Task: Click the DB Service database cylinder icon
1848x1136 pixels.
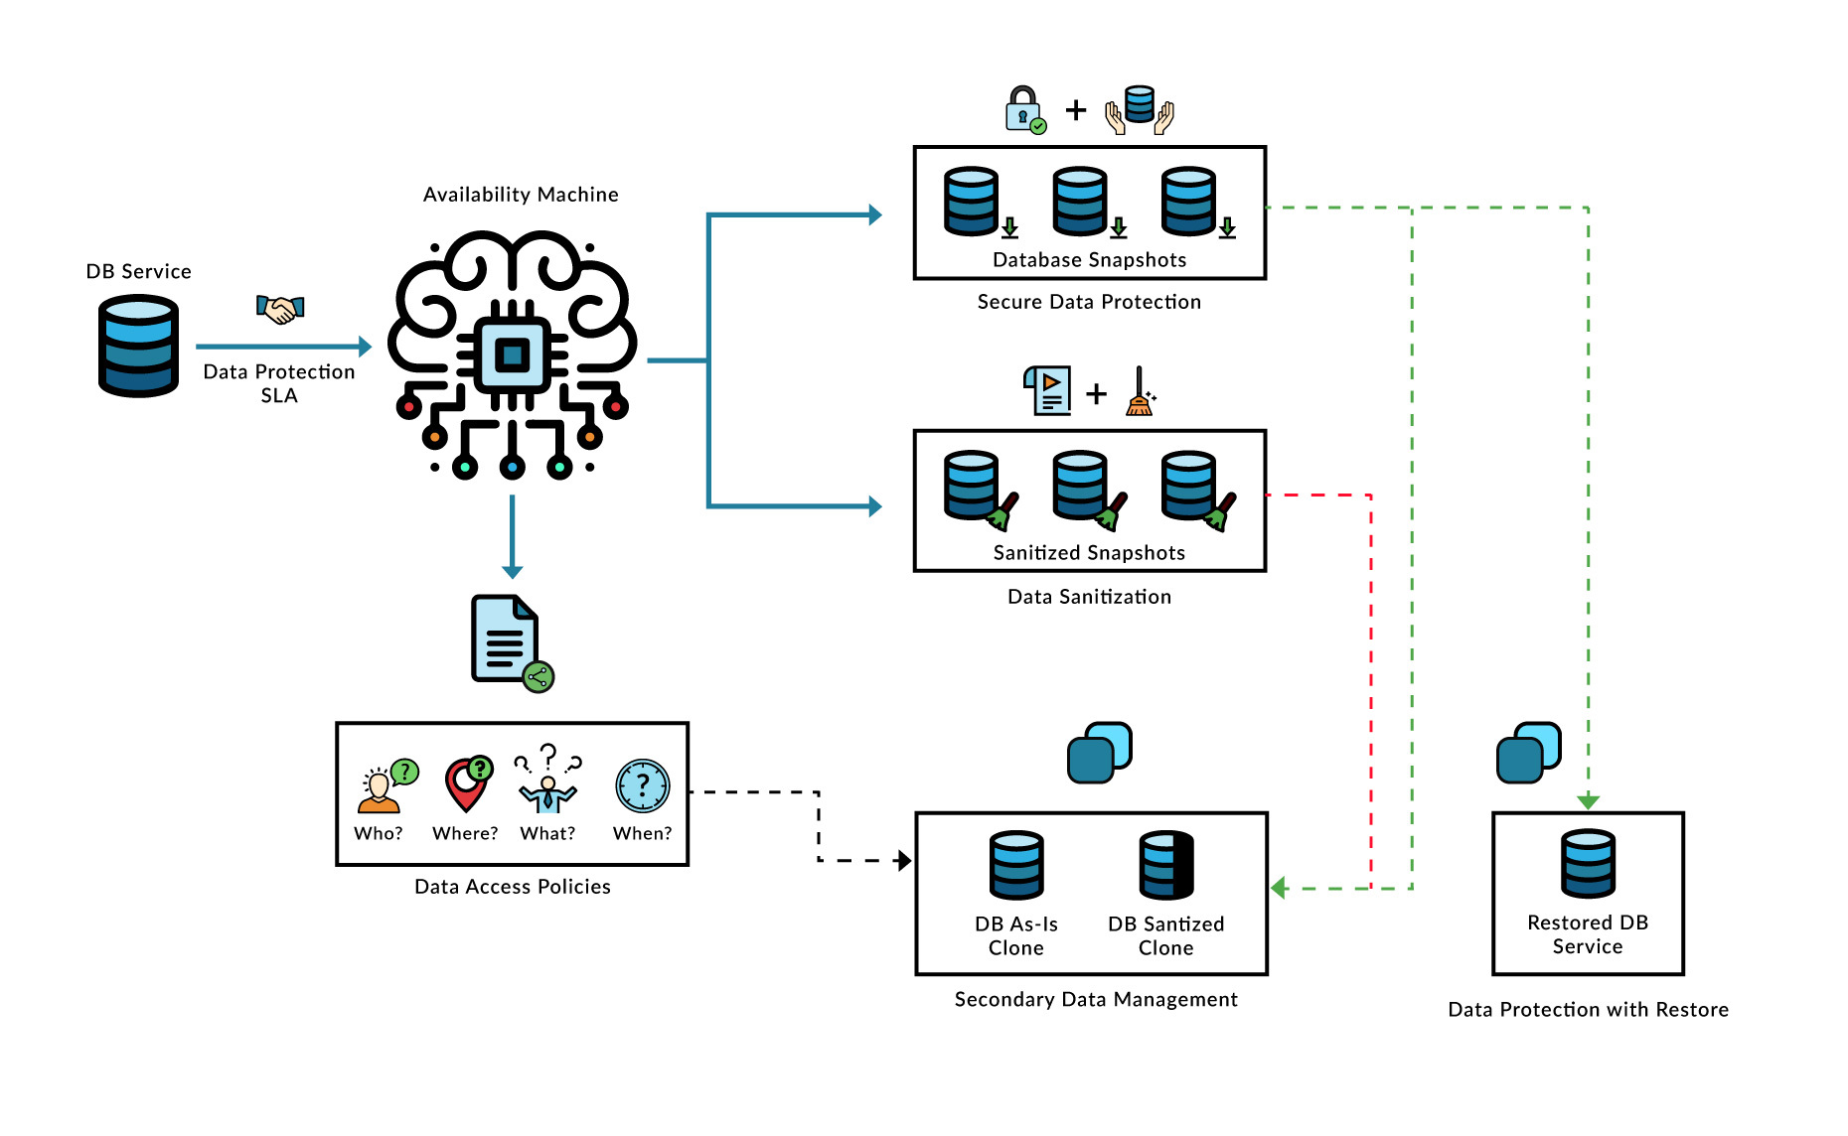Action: pos(138,346)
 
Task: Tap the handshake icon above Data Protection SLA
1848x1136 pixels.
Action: pos(280,309)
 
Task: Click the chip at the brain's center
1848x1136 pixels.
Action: pos(512,355)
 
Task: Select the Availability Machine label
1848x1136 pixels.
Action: pos(521,195)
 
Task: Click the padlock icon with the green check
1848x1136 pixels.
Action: pos(1023,110)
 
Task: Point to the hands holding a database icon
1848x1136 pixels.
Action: pos(1140,110)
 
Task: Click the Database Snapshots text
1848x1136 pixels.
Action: pos(1089,260)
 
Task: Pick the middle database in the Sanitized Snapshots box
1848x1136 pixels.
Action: pos(1081,487)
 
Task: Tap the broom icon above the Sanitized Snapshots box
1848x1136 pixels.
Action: pos(1140,392)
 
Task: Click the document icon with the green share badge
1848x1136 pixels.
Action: pos(508,640)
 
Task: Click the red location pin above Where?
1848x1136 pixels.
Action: pos(466,784)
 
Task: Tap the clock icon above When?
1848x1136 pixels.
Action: pos(642,786)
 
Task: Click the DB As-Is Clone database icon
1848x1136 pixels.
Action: pos(1015,865)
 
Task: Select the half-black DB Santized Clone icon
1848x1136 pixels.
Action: pos(1165,865)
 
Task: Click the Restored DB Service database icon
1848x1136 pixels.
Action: pos(1588,864)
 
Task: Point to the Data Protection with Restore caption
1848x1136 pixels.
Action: pos(1588,1010)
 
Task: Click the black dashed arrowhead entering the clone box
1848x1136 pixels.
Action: pos(904,861)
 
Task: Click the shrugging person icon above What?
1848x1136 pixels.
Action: pos(547,784)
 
